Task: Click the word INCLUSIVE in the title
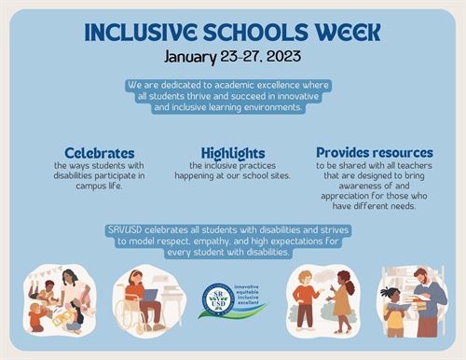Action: pos(144,32)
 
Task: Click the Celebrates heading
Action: pos(100,152)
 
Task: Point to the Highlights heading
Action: pos(233,152)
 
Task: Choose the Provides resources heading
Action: pos(374,152)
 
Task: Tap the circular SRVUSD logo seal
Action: pos(219,300)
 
